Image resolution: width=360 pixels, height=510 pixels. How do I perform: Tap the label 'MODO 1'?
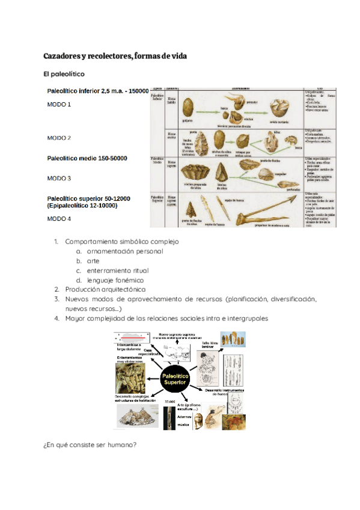click(x=59, y=105)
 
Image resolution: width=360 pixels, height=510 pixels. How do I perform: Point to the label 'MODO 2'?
click(x=59, y=138)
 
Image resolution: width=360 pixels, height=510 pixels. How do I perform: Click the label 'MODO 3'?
click(x=59, y=179)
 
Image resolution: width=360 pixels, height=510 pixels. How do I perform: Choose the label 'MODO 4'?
click(x=59, y=219)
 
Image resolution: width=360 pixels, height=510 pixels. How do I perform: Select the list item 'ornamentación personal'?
click(x=125, y=251)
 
